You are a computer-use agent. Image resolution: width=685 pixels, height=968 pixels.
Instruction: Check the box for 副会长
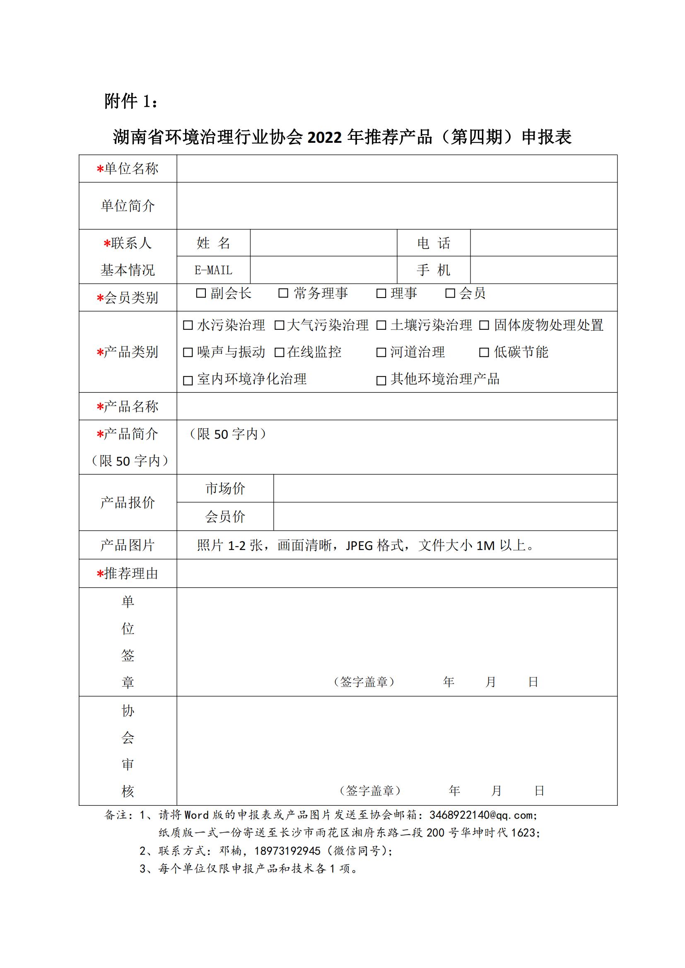[201, 293]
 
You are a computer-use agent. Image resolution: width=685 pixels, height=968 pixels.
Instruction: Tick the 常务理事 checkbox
[283, 293]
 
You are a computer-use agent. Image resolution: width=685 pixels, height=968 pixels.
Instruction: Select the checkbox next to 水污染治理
[188, 325]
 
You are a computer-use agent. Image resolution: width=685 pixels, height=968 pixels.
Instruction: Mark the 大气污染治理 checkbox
[279, 325]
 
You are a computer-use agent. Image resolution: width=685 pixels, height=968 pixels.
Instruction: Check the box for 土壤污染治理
[381, 325]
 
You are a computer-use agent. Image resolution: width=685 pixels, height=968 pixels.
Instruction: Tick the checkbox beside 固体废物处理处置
[484, 325]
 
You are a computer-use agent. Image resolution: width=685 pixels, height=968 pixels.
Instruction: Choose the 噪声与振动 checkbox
[188, 353]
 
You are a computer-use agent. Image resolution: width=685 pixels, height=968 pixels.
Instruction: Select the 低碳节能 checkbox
[484, 353]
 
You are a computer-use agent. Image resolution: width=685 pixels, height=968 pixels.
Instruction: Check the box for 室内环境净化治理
[188, 381]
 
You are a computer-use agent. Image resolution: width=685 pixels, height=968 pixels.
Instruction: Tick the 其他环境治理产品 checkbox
[381, 381]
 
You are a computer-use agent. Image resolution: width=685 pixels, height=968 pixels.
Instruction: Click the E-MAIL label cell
[213, 270]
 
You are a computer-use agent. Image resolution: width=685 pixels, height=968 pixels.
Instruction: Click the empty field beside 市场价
[445, 488]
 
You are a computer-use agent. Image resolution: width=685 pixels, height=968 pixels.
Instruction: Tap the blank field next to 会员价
[445, 516]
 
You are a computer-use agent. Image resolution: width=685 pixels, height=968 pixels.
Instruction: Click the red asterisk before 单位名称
[100, 170]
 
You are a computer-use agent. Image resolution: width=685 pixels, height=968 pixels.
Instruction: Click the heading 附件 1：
[131, 101]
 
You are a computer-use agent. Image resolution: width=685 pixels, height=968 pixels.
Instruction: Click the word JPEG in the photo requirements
[359, 545]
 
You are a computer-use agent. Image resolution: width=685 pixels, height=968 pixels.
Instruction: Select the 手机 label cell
[434, 270]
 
